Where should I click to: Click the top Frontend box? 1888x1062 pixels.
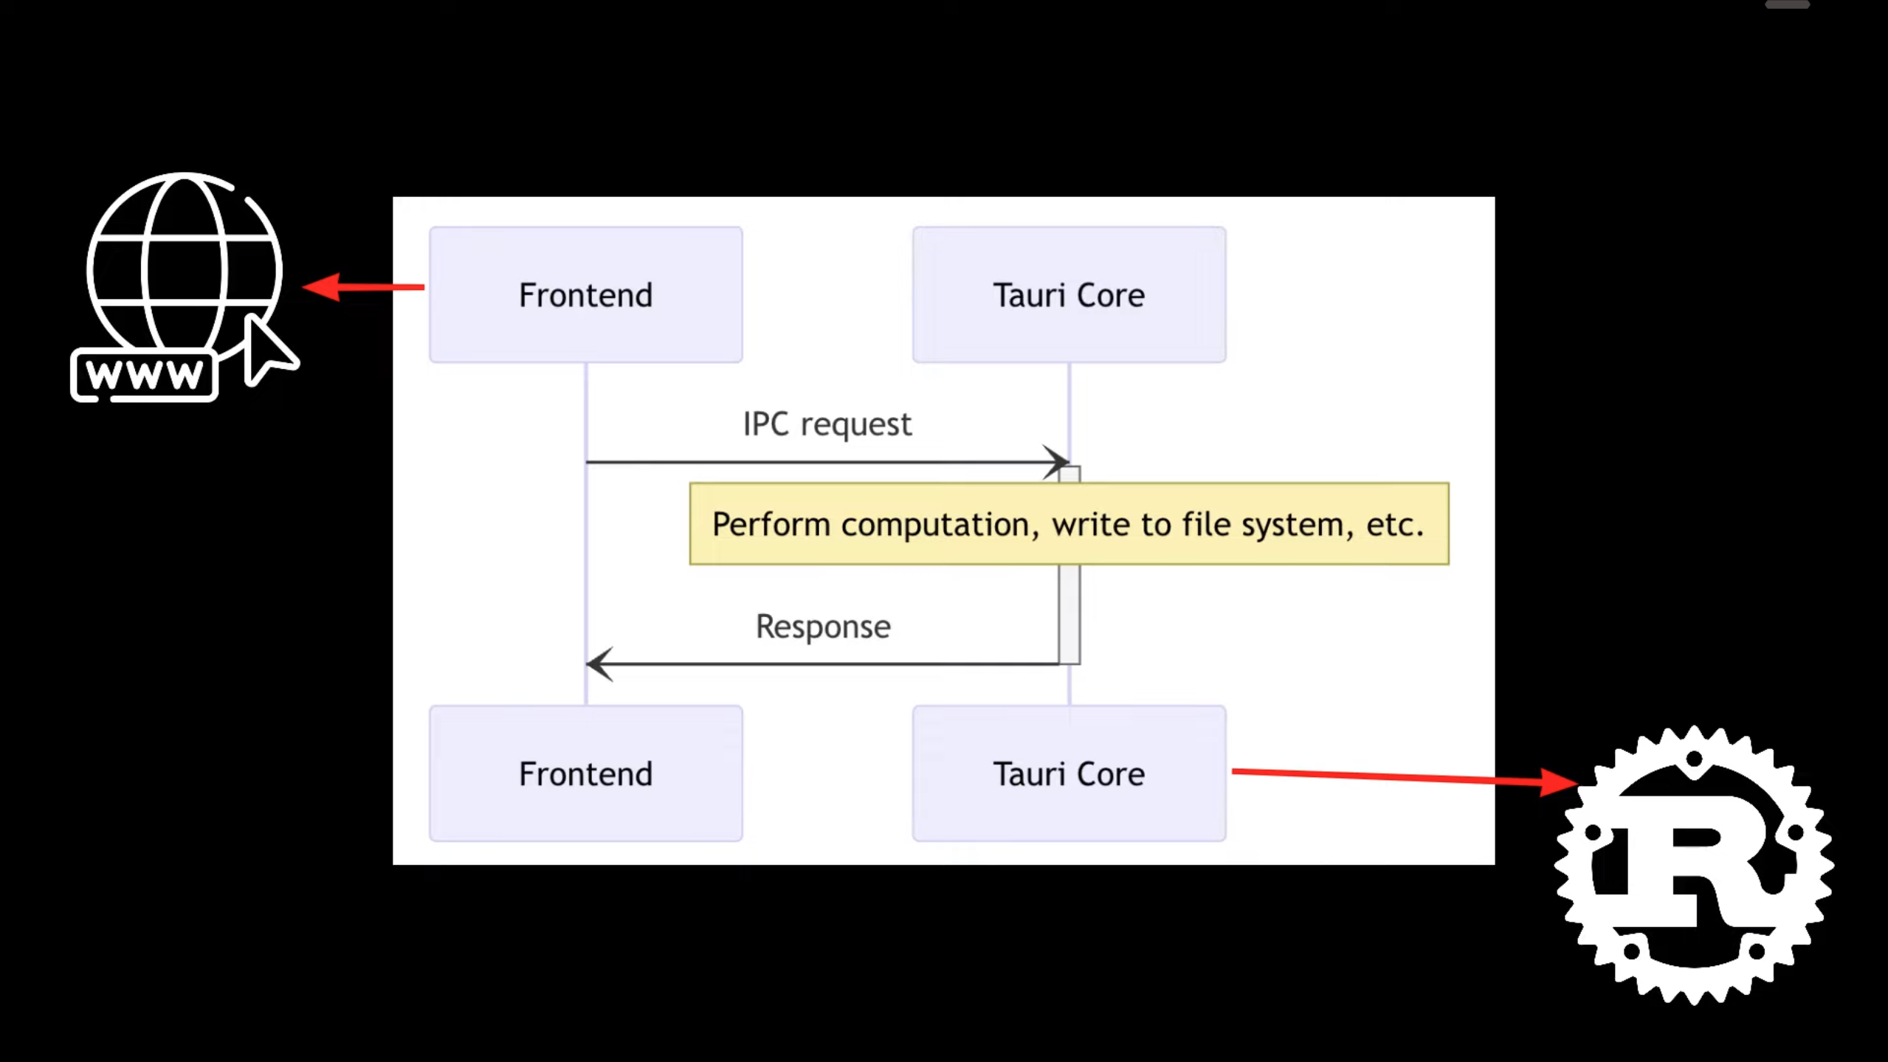585,294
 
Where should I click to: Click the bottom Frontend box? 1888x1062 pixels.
585,773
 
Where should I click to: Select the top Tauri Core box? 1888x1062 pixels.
1069,294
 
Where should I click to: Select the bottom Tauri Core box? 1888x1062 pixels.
1069,773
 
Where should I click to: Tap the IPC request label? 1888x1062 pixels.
827,424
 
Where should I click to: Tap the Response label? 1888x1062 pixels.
823,627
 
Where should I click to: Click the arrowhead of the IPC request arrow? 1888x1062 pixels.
1058,462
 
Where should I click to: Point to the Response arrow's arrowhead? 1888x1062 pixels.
598,663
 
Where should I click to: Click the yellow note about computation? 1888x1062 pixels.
1069,524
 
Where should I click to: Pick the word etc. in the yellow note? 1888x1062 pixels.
1394,524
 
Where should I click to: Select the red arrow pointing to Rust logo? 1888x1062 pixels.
1402,776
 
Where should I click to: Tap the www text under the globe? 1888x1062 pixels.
144,375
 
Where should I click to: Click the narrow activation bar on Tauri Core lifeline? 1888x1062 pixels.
1069,613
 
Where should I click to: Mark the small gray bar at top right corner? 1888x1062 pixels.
1787,4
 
